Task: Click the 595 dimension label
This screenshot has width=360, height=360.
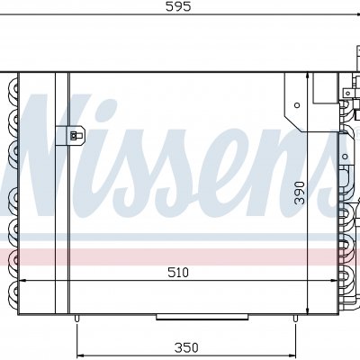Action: pyautogui.click(x=178, y=6)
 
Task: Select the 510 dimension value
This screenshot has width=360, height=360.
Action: pyautogui.click(x=178, y=273)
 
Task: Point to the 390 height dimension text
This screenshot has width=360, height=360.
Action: pyautogui.click(x=300, y=193)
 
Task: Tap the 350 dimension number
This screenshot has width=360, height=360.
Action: pyautogui.click(x=186, y=347)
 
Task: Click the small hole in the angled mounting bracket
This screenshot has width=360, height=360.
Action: pyautogui.click(x=297, y=105)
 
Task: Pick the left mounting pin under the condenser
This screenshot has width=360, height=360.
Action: pyautogui.click(x=76, y=319)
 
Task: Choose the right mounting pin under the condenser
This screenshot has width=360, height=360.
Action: pyautogui.click(x=295, y=319)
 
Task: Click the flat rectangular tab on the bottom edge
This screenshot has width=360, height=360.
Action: pyautogui.click(x=202, y=317)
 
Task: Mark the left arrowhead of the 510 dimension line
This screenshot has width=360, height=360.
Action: pyautogui.click(x=22, y=281)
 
